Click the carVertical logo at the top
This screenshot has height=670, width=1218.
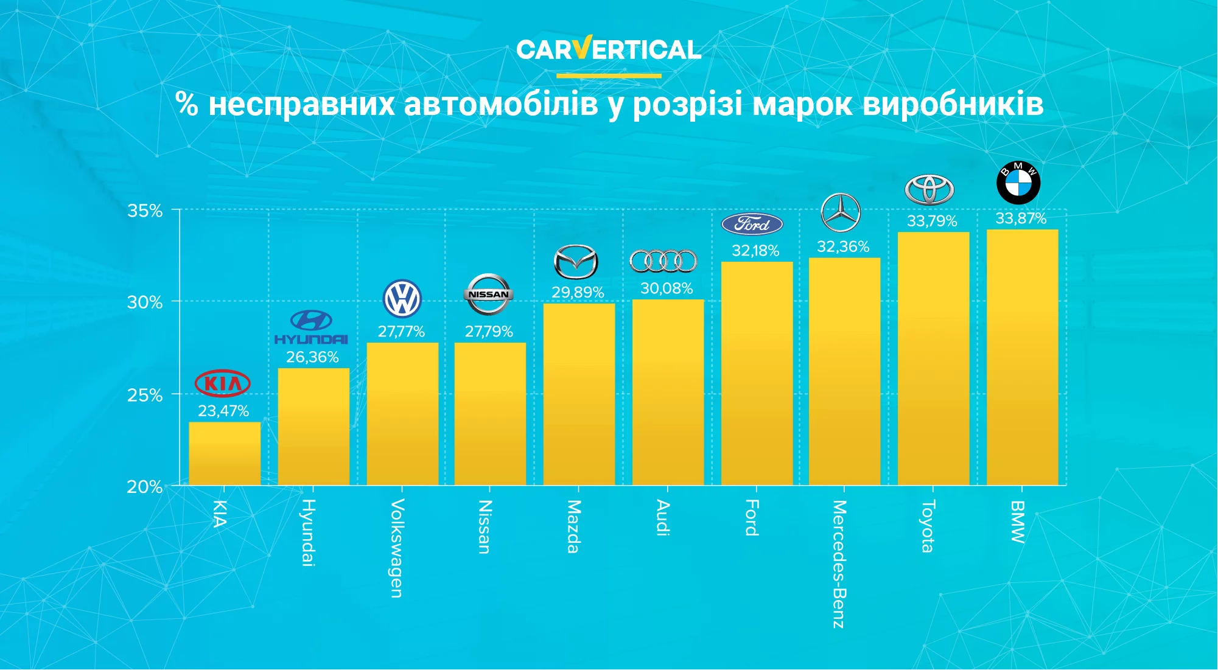(609, 49)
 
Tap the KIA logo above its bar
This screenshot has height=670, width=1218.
(223, 383)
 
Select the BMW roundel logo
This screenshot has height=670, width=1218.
(1018, 183)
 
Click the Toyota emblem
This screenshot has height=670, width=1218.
(929, 190)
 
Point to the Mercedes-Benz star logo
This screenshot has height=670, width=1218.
(841, 212)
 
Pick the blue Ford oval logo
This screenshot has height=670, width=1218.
(752, 224)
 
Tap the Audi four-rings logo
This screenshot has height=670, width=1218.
(663, 261)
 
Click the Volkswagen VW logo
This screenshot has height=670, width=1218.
(402, 298)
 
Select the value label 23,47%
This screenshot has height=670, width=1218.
(223, 411)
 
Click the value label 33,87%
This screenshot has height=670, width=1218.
(1021, 218)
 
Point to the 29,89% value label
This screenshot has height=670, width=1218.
(578, 293)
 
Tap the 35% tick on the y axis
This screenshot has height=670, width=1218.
(145, 211)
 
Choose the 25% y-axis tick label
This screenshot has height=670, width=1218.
(145, 396)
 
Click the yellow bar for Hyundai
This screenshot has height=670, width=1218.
(313, 426)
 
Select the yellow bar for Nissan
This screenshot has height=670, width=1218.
(490, 414)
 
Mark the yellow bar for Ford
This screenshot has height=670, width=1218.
(757, 373)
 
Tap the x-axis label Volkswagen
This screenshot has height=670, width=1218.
(397, 548)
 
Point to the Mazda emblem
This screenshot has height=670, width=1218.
(576, 262)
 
